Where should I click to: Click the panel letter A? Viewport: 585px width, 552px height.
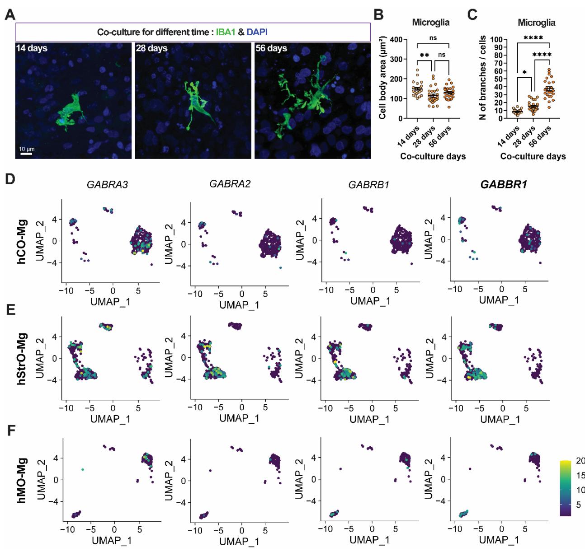pos(9,14)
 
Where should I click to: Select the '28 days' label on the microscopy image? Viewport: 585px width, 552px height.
pos(151,48)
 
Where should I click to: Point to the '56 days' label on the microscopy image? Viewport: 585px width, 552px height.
pos(271,48)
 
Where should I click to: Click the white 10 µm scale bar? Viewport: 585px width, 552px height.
pos(26,154)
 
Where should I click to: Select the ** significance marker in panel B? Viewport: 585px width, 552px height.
pos(424,55)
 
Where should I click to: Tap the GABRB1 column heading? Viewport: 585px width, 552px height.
pos(369,184)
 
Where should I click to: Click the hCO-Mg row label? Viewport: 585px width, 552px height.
pos(23,242)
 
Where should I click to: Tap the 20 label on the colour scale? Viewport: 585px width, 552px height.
pos(580,461)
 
